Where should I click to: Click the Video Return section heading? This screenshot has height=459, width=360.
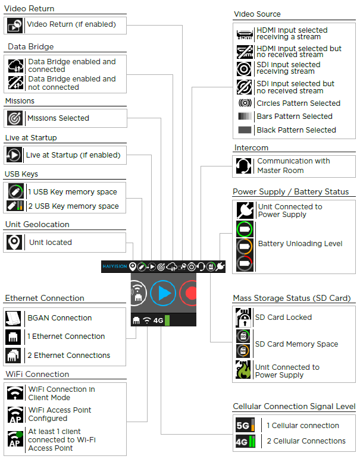tap(29, 9)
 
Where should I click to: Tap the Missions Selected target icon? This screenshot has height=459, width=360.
tap(15, 118)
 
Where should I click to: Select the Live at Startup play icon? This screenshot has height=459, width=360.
tap(14, 155)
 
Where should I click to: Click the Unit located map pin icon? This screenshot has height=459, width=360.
tap(14, 243)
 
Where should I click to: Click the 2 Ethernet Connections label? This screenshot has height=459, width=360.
tap(68, 356)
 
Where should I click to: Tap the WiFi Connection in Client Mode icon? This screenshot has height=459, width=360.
tap(15, 393)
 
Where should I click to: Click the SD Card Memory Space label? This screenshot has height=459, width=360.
tap(296, 344)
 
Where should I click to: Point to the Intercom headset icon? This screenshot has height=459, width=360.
tap(243, 166)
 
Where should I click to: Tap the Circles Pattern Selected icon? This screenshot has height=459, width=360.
tap(245, 103)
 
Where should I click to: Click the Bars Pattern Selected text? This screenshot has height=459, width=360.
tap(295, 117)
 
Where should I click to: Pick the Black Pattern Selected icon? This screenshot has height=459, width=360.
tap(245, 130)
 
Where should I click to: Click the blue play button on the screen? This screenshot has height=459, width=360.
tap(164, 293)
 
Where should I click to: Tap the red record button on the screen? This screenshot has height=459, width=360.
tap(190, 293)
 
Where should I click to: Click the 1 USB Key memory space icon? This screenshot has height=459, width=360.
tap(15, 192)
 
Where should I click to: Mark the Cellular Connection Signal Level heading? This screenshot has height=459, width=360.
tap(294, 407)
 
